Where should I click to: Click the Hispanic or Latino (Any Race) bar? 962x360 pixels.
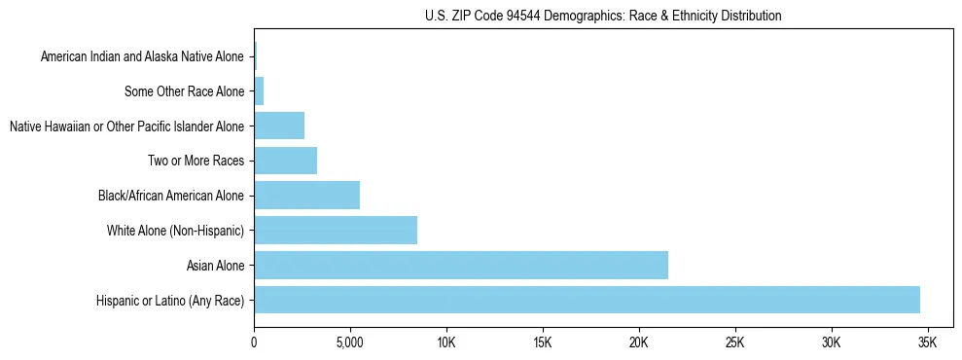click(587, 300)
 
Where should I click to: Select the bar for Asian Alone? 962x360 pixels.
click(461, 265)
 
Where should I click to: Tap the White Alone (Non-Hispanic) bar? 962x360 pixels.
click(336, 231)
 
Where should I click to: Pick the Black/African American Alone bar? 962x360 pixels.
click(306, 196)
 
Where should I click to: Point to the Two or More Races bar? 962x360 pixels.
click(285, 161)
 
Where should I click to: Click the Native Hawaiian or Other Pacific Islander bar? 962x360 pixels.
click(279, 126)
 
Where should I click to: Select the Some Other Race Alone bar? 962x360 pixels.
click(259, 92)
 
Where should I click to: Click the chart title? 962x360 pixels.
click(603, 17)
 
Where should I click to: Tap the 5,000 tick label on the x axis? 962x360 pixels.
click(349, 343)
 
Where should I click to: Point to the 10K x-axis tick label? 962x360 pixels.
click(445, 343)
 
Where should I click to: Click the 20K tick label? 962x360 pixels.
click(638, 343)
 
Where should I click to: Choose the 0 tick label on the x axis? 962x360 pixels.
click(254, 343)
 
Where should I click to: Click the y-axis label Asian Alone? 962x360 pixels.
click(215, 266)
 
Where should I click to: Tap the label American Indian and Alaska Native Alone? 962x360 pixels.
click(142, 57)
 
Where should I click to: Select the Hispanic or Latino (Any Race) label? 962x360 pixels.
click(170, 301)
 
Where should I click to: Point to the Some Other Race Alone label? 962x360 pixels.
click(184, 92)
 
